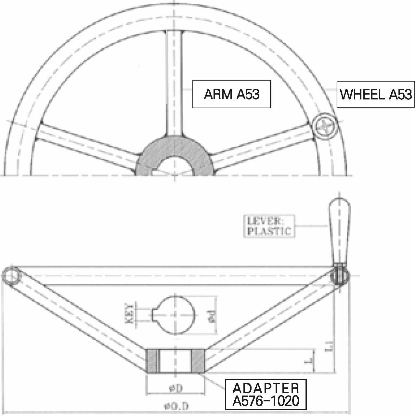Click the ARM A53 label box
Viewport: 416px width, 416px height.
click(x=231, y=94)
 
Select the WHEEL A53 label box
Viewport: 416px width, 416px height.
click(x=376, y=94)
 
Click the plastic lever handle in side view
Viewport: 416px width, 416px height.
click(x=339, y=227)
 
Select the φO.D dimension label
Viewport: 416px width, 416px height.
click(x=177, y=406)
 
